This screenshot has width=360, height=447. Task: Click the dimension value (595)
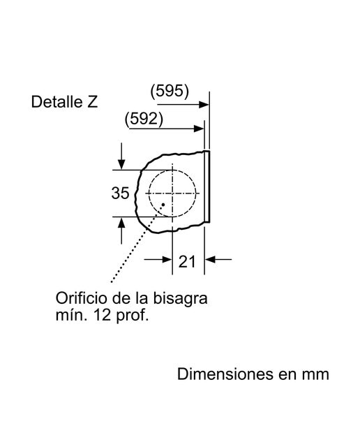point(170,91)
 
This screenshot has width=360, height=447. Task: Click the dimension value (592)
point(144,119)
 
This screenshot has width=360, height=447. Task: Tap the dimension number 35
point(120,193)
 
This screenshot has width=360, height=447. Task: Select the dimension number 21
point(187,261)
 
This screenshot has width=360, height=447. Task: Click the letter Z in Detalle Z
point(92,102)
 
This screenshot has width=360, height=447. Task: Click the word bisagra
point(180,299)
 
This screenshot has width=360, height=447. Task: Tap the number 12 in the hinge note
point(102,315)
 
